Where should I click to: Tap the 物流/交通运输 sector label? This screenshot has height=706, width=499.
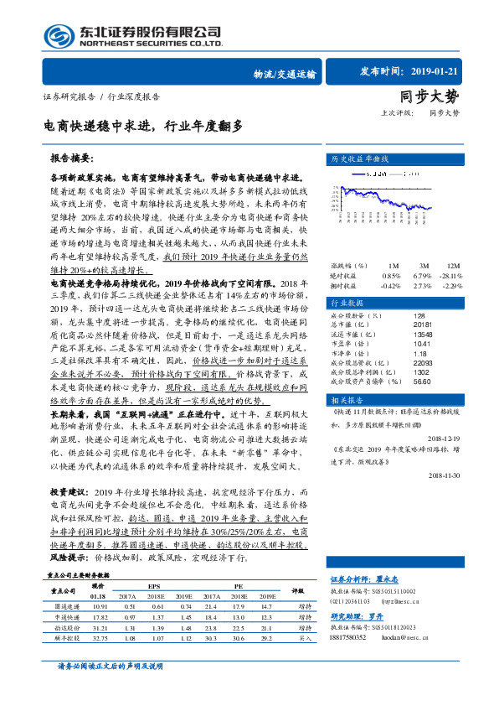click(x=285, y=75)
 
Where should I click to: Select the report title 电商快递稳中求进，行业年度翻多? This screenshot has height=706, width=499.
click(x=144, y=126)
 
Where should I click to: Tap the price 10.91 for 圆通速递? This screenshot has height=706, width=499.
click(x=100, y=605)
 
